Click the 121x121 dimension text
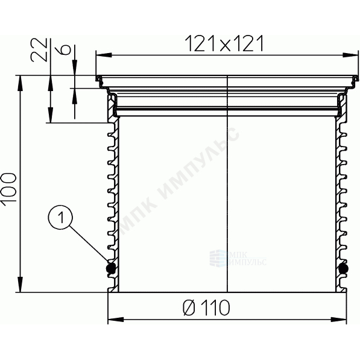[x=224, y=43]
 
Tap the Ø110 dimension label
[x=206, y=308]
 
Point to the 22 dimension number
[x=39, y=49]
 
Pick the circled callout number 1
[x=61, y=216]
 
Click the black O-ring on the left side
[x=110, y=268]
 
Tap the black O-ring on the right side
[x=344, y=268]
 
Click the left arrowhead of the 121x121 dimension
[x=104, y=55]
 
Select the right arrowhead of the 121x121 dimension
[x=350, y=55]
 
